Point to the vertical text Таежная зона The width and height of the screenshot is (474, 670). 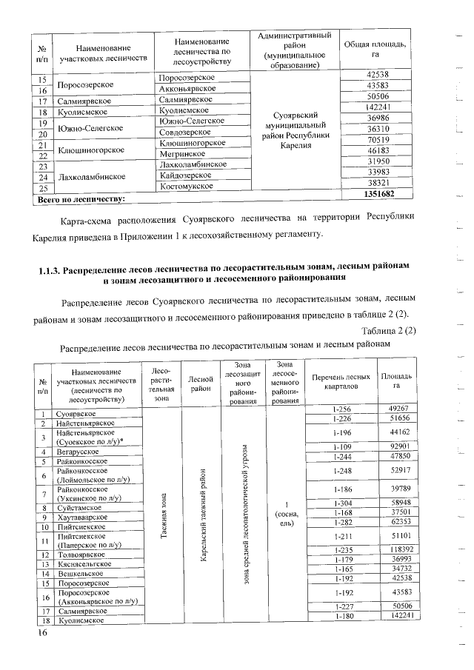(x=160, y=515)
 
